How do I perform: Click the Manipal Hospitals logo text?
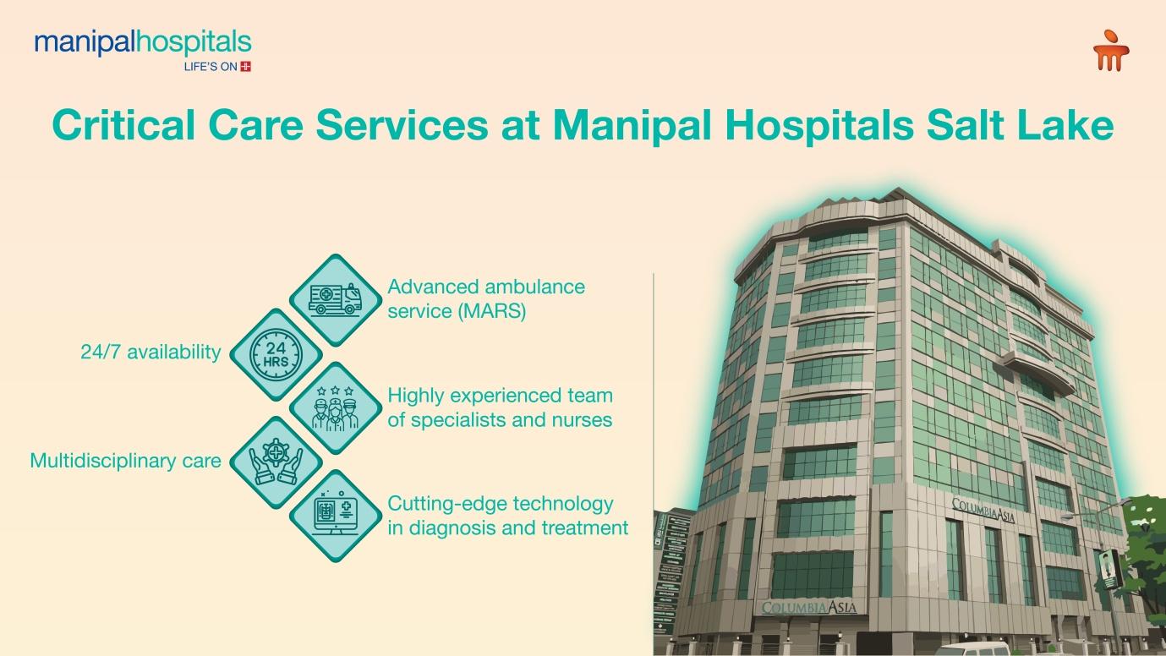click(142, 42)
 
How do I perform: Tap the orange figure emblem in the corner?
click(1111, 51)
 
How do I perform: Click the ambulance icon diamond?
click(337, 300)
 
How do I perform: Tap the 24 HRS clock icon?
click(276, 354)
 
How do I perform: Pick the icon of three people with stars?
click(337, 408)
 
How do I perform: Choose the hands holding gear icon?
click(276, 462)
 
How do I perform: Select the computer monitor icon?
click(337, 516)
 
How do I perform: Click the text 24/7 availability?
click(151, 353)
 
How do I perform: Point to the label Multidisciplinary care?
click(125, 461)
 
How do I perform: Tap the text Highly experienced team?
click(500, 396)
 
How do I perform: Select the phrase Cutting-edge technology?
click(500, 504)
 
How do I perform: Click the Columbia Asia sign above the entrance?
click(809, 608)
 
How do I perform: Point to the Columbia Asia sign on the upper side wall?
click(983, 510)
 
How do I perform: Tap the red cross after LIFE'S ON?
click(246, 67)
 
